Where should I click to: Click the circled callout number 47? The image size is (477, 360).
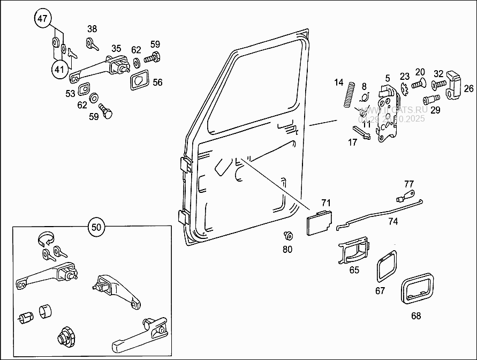click(x=43, y=19)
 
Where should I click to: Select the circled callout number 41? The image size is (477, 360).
click(x=60, y=69)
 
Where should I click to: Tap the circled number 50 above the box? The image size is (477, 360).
click(x=96, y=227)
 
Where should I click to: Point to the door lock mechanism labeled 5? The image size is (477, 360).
click(x=388, y=115)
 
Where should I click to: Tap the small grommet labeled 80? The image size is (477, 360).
click(x=288, y=236)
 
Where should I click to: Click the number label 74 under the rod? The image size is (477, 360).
click(x=393, y=221)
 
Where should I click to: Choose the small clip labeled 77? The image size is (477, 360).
click(x=408, y=192)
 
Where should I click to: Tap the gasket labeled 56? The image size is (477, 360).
click(x=140, y=82)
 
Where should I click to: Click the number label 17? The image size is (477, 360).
click(x=352, y=142)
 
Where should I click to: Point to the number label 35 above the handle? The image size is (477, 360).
click(x=116, y=48)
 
